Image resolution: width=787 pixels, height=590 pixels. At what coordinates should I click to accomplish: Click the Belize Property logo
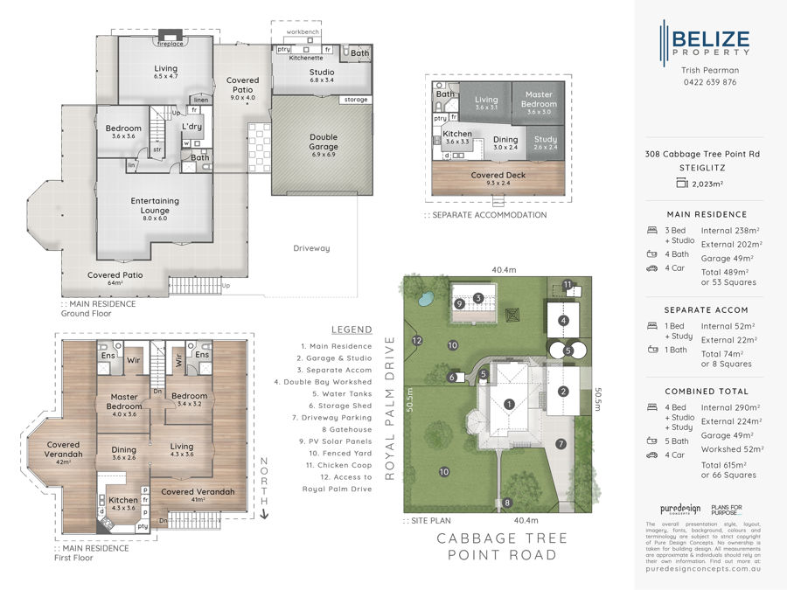pos(704,44)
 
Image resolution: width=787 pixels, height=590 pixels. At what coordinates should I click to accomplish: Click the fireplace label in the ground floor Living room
pos(170,43)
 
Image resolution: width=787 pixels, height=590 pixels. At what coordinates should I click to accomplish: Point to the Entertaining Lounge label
pos(155,205)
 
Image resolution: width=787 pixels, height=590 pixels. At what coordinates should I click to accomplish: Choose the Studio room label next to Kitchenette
pos(321,74)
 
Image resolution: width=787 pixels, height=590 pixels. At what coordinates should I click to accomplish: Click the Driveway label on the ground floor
pos(310,248)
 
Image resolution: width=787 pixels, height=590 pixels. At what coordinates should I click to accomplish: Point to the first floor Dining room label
pos(123,453)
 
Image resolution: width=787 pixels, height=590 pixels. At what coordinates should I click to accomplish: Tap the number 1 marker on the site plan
pos(509,404)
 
